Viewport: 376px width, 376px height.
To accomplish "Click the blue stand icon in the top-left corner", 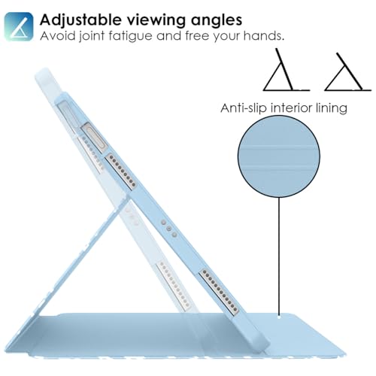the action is [x=19, y=26].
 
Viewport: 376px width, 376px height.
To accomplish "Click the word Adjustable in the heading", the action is [x=80, y=20].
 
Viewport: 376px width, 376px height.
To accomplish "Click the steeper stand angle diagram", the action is [x=286, y=70].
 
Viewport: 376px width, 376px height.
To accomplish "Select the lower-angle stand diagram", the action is [x=347, y=72].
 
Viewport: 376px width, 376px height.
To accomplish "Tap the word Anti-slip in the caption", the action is [x=244, y=108].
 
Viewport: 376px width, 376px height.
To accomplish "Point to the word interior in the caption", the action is [x=291, y=108].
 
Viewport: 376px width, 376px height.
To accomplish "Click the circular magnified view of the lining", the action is [x=279, y=156].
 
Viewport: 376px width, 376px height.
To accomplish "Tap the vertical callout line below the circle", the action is [x=279, y=256].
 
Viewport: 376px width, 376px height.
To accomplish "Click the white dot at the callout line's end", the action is [x=279, y=317].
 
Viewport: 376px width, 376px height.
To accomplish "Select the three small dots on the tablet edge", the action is [x=168, y=229].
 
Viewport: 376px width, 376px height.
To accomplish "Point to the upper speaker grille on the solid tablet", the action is [x=121, y=171].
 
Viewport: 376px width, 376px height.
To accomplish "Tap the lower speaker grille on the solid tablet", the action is [x=219, y=292].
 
